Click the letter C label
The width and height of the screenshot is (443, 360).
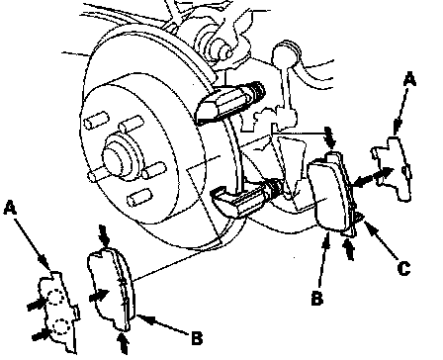click(403, 268)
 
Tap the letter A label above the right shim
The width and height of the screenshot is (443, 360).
click(409, 80)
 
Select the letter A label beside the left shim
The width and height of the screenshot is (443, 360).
click(10, 209)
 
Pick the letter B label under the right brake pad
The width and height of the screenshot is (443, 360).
click(317, 299)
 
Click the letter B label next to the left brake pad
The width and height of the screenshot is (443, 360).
click(197, 338)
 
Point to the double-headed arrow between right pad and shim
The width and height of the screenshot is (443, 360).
click(373, 176)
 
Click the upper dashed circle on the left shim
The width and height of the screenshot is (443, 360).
click(55, 297)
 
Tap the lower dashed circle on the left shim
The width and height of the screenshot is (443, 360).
click(61, 326)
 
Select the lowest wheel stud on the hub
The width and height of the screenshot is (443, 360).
click(139, 197)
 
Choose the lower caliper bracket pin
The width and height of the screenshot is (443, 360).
click(245, 201)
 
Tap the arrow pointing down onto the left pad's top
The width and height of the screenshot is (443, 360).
click(104, 236)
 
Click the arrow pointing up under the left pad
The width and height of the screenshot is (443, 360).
click(123, 343)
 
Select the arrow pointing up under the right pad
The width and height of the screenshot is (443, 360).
click(349, 249)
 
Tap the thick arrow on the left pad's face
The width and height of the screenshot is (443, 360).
click(99, 295)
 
